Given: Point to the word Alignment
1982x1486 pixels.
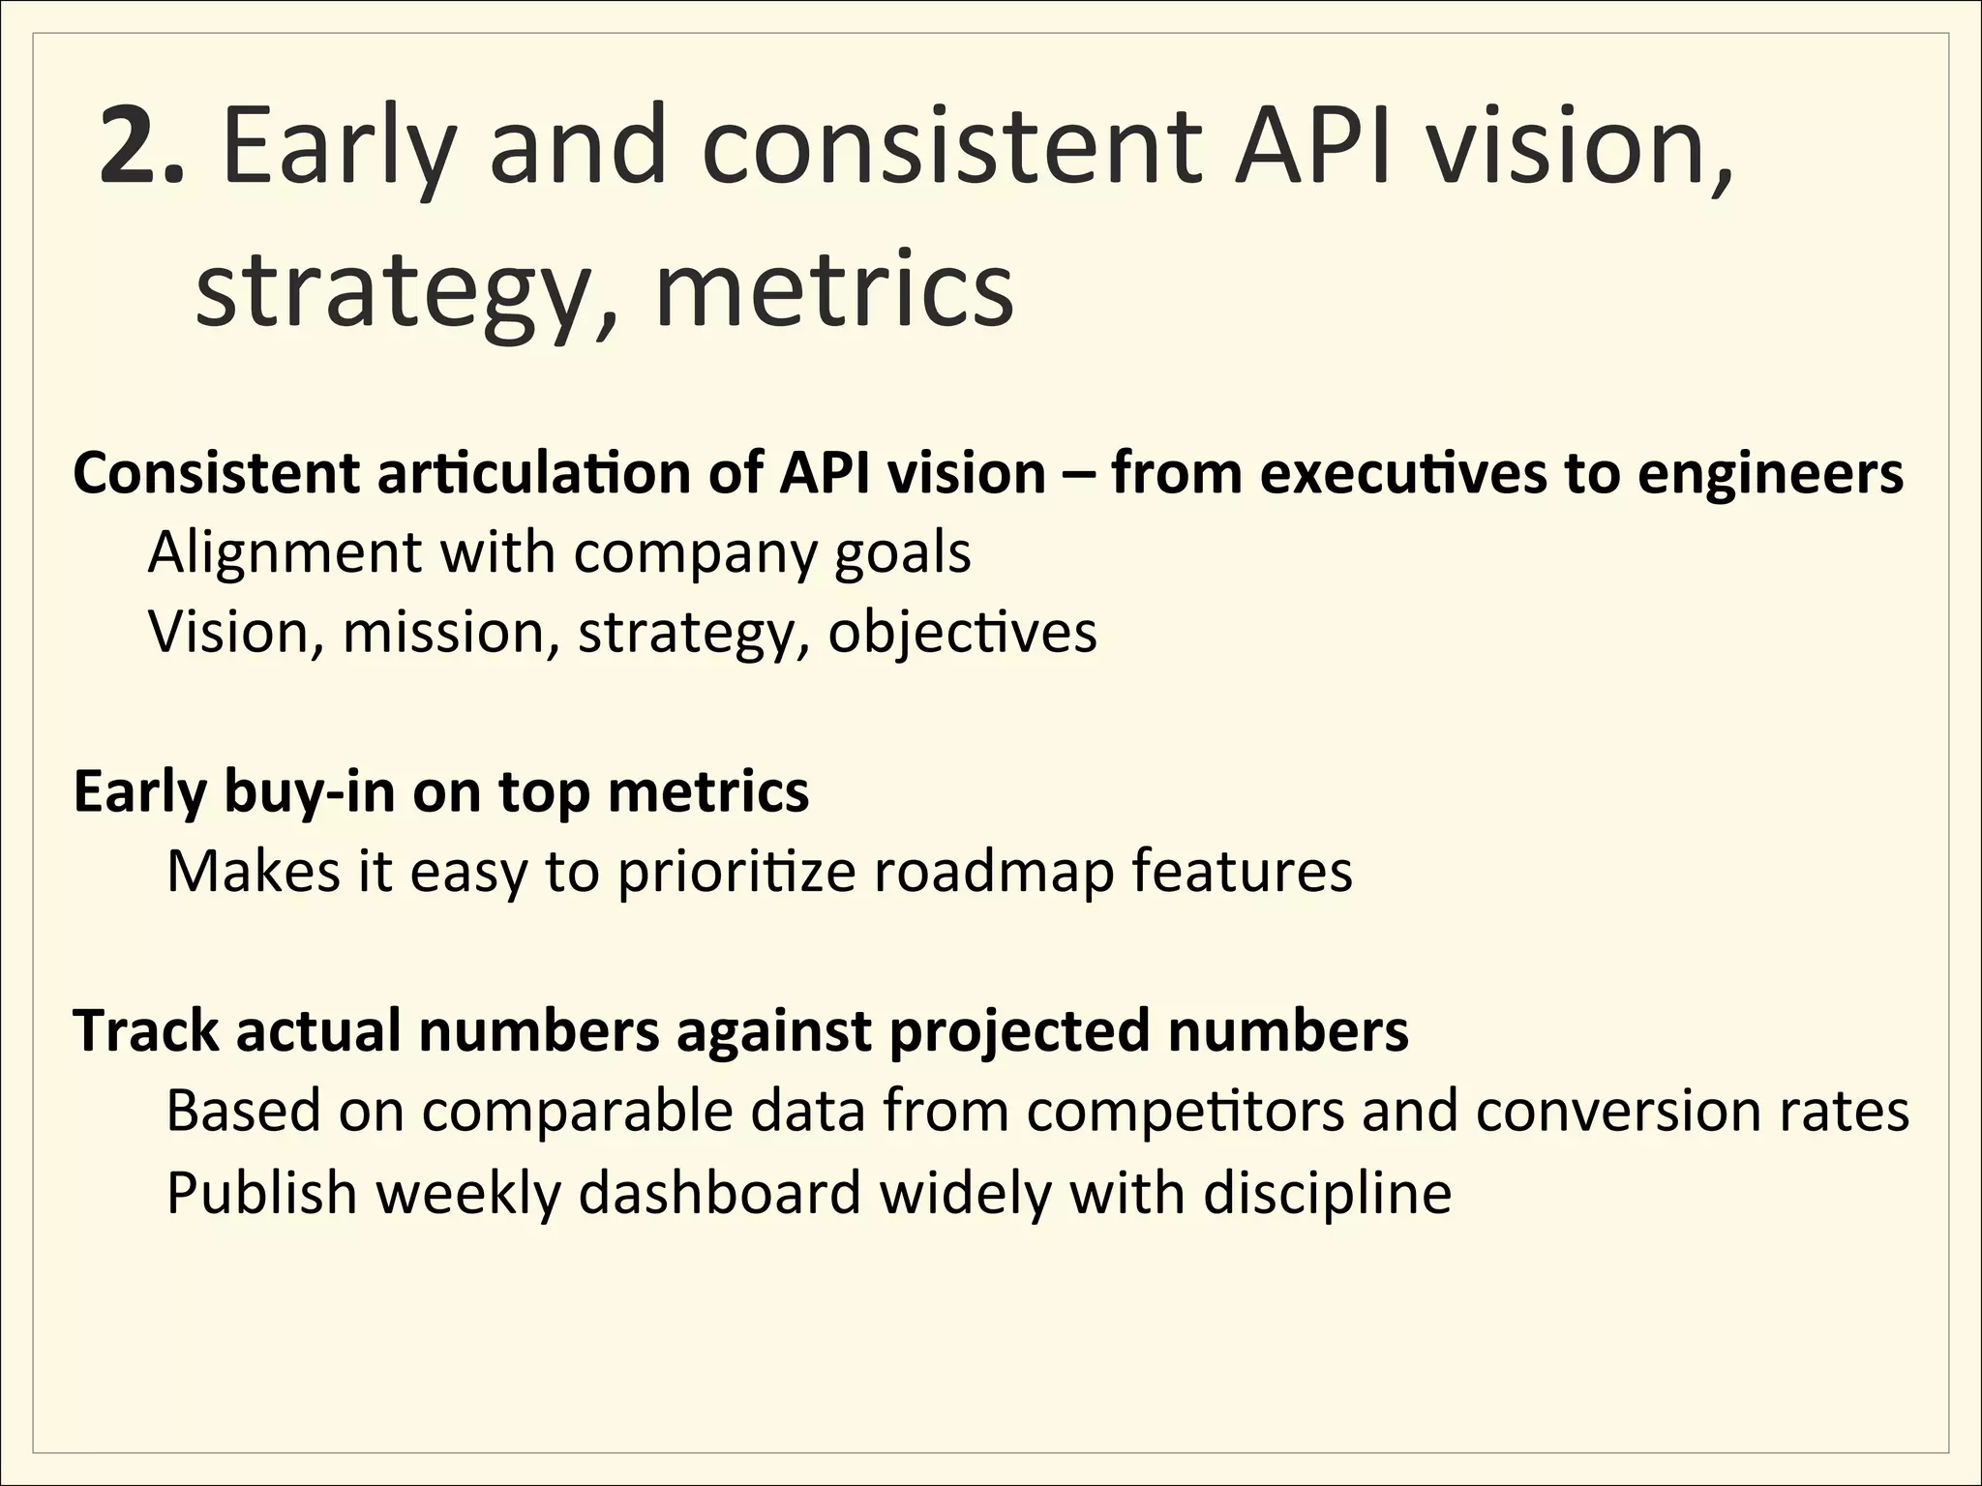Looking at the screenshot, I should point(285,554).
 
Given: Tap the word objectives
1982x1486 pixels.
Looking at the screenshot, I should point(962,635).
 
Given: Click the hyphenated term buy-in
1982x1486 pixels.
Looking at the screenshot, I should point(310,792).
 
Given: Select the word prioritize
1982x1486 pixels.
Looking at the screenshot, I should point(736,872).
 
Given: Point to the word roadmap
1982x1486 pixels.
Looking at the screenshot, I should point(994,872).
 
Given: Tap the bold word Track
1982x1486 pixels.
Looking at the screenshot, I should point(145,1030).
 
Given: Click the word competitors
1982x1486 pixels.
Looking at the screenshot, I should point(1186,1112).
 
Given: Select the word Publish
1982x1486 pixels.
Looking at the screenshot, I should point(261,1192).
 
